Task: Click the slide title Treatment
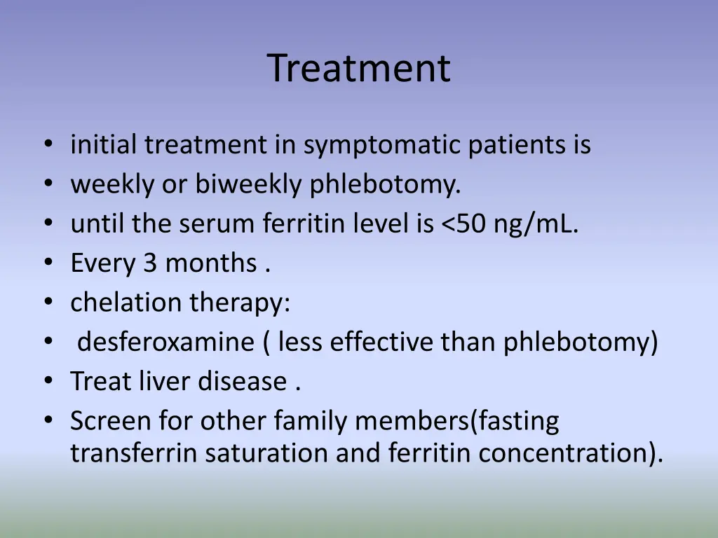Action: [358, 69]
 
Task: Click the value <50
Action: [464, 224]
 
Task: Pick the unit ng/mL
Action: [536, 224]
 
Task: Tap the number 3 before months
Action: [150, 263]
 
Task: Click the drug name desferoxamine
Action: [165, 343]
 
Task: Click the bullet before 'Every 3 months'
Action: [48, 264]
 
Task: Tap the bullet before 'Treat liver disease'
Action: [48, 382]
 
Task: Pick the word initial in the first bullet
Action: [104, 146]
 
